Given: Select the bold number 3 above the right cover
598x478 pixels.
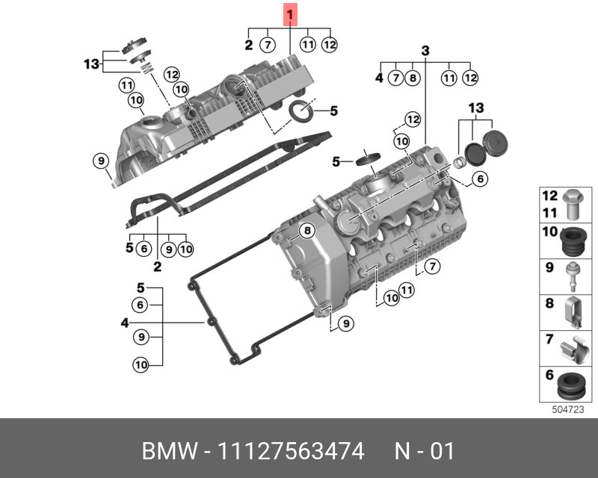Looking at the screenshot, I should click(x=425, y=52).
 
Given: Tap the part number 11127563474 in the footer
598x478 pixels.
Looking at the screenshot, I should click(x=290, y=452).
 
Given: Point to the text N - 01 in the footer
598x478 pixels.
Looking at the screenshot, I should click(x=424, y=452).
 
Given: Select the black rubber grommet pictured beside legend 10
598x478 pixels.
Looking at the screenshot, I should click(x=573, y=240).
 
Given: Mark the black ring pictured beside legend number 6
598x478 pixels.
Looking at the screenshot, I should click(x=571, y=385).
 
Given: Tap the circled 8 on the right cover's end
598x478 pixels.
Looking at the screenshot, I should click(x=305, y=231).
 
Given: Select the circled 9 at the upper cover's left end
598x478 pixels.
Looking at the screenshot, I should click(x=100, y=160).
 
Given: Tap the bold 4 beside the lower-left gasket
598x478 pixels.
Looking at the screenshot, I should click(x=125, y=323).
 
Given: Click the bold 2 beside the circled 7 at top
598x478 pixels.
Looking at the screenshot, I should click(x=248, y=45).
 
